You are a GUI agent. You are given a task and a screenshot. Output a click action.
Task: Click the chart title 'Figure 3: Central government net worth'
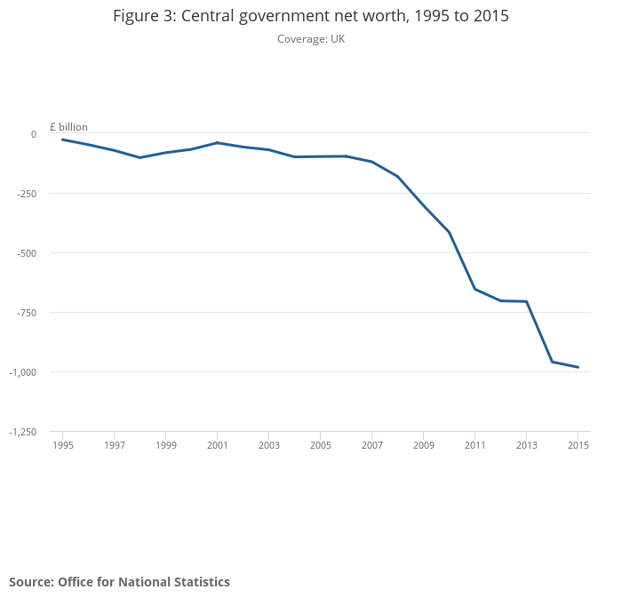[x=310, y=16]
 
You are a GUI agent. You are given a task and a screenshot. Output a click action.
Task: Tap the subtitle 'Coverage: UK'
[x=310, y=39]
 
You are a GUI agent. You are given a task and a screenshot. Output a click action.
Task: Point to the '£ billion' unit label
[x=68, y=127]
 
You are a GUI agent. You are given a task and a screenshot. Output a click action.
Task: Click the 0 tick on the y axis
[x=33, y=134]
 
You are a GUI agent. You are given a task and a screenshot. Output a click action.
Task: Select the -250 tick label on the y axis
[x=25, y=194]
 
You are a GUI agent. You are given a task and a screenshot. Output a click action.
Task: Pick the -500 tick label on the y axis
[x=25, y=253]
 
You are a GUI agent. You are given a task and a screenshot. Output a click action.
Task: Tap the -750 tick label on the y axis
[x=25, y=313]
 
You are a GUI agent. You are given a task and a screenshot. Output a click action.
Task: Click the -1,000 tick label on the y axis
[x=21, y=372]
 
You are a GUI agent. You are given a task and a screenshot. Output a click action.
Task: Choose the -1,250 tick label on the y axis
[x=21, y=432]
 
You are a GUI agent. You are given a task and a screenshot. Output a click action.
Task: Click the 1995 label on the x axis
[x=62, y=444]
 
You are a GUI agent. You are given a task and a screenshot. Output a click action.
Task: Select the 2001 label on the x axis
[x=217, y=444]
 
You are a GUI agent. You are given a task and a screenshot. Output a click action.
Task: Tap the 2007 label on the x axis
[x=371, y=444]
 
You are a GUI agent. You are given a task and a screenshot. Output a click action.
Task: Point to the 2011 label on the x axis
[x=474, y=444]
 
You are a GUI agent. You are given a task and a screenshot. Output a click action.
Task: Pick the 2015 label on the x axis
[x=578, y=444]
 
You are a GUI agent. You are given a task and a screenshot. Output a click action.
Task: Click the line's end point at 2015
[x=578, y=367]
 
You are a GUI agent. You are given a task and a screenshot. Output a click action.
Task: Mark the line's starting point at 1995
[x=62, y=140]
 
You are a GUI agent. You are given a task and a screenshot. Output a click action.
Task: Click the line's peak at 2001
[x=217, y=142]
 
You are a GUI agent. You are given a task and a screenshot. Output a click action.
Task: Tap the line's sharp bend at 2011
[x=474, y=289]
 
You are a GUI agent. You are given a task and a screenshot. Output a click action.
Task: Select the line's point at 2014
[x=552, y=362]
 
